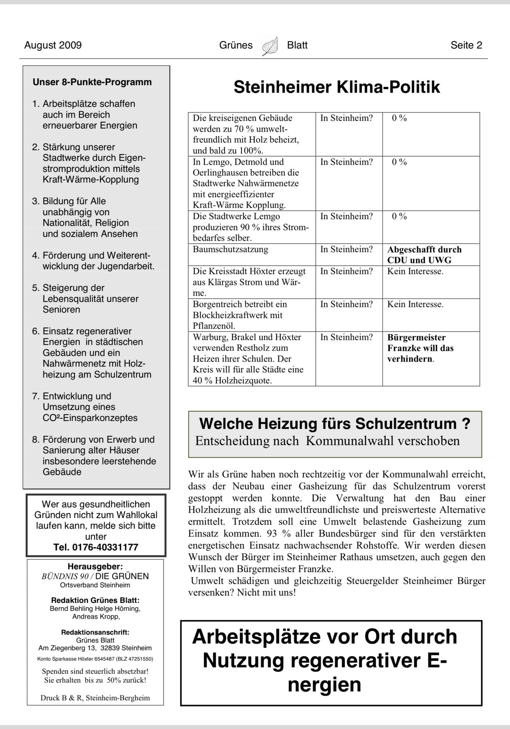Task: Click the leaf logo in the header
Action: click(x=270, y=46)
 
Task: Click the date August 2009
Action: click(x=53, y=45)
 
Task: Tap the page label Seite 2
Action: click(x=466, y=45)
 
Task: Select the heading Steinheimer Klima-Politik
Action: click(x=337, y=87)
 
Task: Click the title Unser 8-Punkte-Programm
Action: click(x=92, y=82)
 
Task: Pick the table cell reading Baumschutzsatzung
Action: click(x=230, y=249)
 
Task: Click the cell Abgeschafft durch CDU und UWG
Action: click(x=424, y=255)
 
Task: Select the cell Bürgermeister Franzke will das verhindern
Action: click(x=420, y=348)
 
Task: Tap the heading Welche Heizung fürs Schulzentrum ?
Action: click(x=334, y=424)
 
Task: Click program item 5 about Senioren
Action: click(x=85, y=298)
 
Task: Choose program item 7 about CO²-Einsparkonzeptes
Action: click(x=85, y=407)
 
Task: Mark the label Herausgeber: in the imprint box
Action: click(x=95, y=566)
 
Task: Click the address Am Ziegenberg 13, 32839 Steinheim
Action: click(x=95, y=648)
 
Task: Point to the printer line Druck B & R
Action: click(x=95, y=698)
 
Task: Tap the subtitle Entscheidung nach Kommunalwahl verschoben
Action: click(x=327, y=441)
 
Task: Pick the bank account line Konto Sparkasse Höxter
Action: click(x=95, y=659)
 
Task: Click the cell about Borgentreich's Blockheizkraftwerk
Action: click(x=240, y=315)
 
